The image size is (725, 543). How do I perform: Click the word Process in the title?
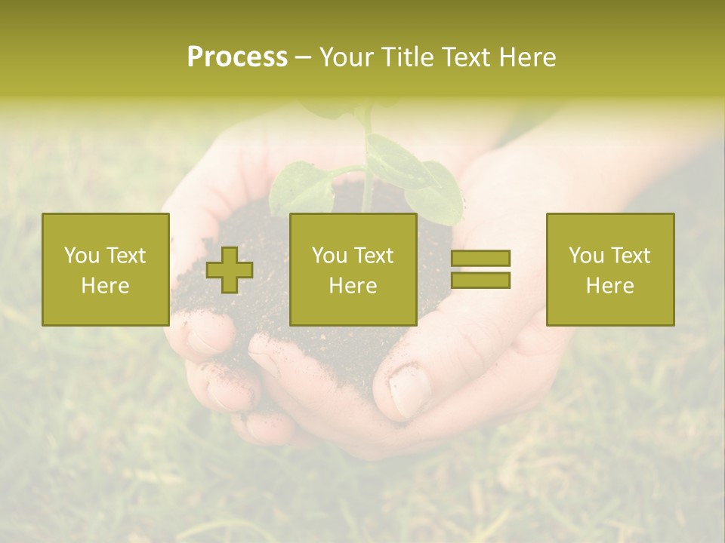coord(237,57)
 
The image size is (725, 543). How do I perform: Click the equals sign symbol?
coord(480,269)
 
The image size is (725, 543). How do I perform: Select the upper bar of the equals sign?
coord(480,259)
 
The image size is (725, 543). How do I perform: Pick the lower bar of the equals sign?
coord(480,281)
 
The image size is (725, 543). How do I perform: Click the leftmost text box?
coord(106,269)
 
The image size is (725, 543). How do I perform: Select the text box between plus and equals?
coord(353,269)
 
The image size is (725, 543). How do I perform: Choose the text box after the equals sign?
coord(610,269)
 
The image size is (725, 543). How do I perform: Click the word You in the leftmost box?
coord(82,256)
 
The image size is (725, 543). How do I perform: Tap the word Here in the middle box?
coord(353,286)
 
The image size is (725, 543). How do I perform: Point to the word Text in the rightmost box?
coord(631,256)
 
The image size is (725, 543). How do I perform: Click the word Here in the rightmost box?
coord(610,286)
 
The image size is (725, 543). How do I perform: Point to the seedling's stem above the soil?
coord(368,189)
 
